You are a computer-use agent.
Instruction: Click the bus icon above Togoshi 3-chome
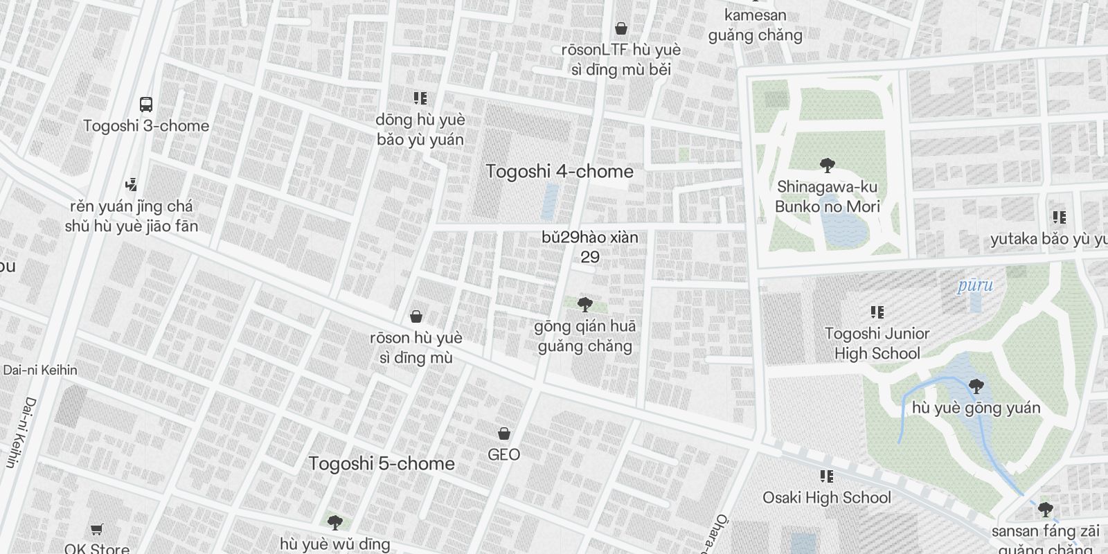point(145,105)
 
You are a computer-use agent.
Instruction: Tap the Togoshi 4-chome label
point(560,171)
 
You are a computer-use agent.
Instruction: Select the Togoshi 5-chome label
point(382,463)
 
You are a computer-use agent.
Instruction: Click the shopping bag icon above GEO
point(504,434)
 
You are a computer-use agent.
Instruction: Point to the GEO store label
point(503,454)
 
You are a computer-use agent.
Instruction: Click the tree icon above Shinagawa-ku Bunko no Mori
point(827,165)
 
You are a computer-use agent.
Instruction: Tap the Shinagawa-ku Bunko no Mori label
point(828,197)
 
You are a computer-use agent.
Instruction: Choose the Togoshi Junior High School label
point(877,343)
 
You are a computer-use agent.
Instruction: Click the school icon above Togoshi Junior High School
point(877,312)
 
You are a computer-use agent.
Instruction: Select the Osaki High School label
point(827,497)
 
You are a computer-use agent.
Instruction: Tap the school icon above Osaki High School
point(826,476)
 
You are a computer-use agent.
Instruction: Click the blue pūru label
point(975,285)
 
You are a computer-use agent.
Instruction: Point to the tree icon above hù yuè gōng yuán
point(976,386)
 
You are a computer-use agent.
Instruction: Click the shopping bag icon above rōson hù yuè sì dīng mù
point(416,316)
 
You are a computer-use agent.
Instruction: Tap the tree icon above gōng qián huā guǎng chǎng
point(585,304)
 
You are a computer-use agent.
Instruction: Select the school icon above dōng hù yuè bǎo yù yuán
point(420,98)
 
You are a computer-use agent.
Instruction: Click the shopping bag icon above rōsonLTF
point(621,28)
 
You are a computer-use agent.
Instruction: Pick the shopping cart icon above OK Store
point(97,530)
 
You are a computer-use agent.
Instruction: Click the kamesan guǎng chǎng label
point(755,25)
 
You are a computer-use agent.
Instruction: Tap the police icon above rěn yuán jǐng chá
point(131,185)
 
